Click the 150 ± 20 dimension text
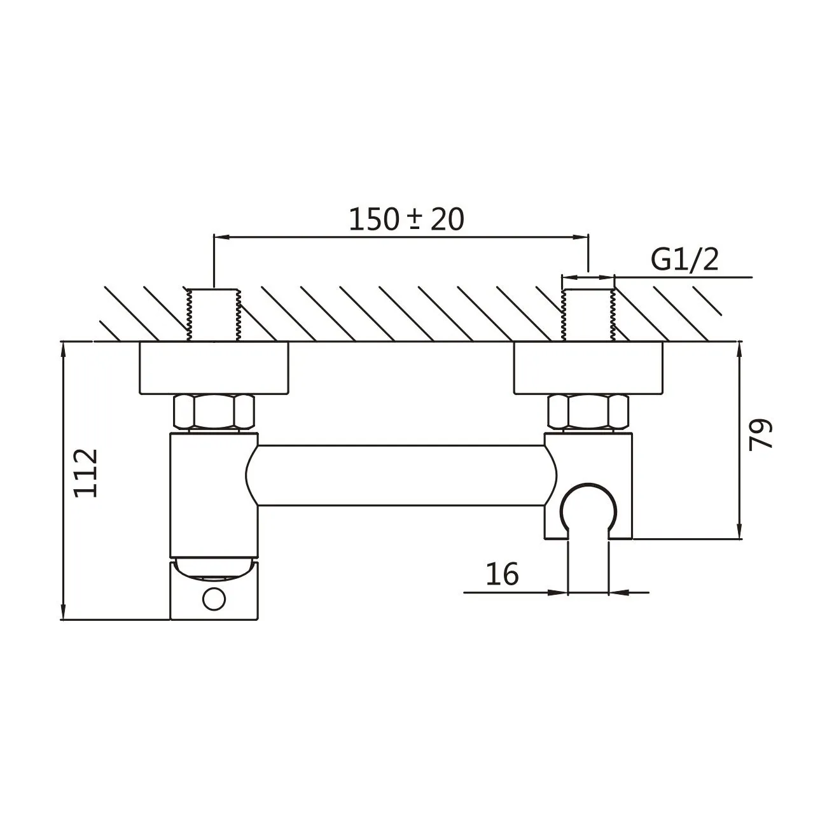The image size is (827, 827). (x=406, y=219)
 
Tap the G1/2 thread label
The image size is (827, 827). (x=685, y=259)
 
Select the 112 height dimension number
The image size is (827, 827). (x=86, y=473)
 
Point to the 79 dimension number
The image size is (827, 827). (x=760, y=434)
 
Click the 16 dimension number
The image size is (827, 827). (x=502, y=574)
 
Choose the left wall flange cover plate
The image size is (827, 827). (x=214, y=368)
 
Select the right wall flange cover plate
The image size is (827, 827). (x=588, y=368)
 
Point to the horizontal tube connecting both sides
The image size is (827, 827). (x=401, y=475)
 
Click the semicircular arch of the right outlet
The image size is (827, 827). (x=588, y=483)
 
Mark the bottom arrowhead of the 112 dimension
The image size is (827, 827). (x=64, y=610)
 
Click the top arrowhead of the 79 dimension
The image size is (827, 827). (x=739, y=352)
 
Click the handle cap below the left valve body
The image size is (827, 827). (x=214, y=589)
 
